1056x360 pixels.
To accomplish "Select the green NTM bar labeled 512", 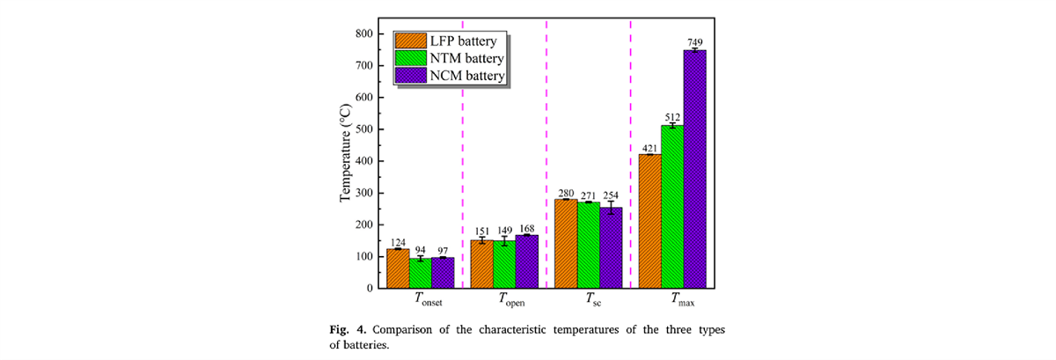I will [x=672, y=207].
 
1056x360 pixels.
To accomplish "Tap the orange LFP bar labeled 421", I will [x=649, y=221].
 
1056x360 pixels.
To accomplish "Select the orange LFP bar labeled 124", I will [x=398, y=268].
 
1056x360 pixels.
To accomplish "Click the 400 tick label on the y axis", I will [x=365, y=161].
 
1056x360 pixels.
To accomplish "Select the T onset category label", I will [x=429, y=299].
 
